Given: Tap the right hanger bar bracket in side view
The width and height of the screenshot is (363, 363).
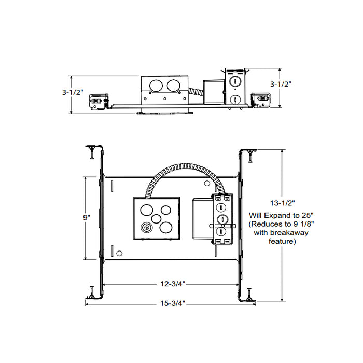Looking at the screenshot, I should point(261,100).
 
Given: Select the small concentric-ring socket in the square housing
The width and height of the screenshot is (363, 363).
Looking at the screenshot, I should point(147,227).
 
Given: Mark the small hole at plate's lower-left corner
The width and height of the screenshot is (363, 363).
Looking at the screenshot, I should point(119,253).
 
